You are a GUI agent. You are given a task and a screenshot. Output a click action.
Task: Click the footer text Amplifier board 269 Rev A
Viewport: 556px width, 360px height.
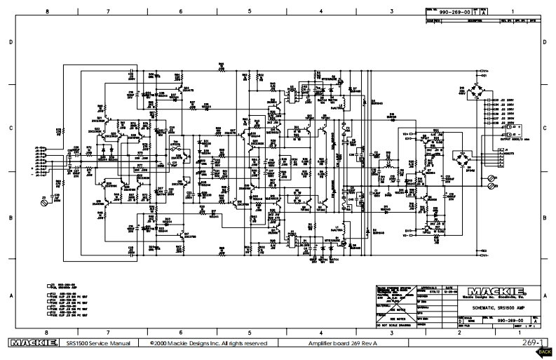coord(343,343)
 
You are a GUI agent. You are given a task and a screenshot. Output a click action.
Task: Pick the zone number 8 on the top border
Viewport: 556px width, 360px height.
coord(47,12)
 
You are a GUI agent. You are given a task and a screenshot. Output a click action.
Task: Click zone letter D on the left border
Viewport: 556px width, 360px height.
coord(11,43)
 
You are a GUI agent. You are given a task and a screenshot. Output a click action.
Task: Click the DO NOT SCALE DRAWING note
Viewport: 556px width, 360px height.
coord(396,326)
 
